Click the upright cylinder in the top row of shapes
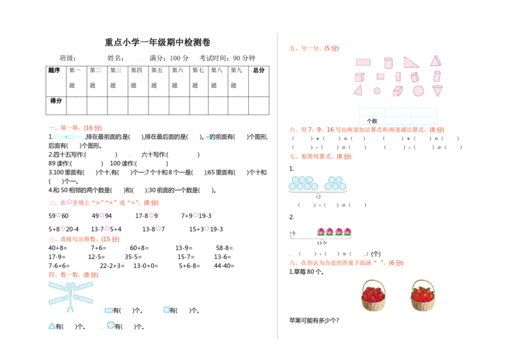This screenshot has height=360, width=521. click(388, 62)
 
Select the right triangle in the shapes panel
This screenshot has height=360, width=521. click(411, 62)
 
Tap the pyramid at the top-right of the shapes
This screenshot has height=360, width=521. click(435, 61)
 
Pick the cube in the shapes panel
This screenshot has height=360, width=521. click(359, 77)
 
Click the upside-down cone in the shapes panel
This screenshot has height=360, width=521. click(437, 90)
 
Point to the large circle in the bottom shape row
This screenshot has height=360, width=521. click(418, 91)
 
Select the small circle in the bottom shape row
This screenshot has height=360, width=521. click(377, 91)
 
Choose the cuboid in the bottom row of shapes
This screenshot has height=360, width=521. click(397, 91)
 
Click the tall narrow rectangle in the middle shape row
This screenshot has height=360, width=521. click(398, 77)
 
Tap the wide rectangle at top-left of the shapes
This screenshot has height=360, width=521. click(363, 62)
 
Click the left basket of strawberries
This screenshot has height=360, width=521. click(373, 295)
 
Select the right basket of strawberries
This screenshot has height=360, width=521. click(423, 295)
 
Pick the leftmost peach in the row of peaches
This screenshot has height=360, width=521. click(320, 232)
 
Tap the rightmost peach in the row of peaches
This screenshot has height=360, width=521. click(348, 232)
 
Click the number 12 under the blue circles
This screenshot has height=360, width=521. click(318, 197)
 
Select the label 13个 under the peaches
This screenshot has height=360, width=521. click(322, 243)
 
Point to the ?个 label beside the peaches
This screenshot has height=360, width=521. click(292, 233)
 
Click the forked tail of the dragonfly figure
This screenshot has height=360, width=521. click(70, 309)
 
